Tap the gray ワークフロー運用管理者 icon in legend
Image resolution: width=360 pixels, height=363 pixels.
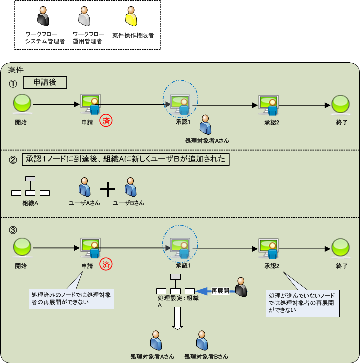coord(84,18)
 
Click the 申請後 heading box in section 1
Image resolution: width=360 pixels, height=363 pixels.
coord(45,82)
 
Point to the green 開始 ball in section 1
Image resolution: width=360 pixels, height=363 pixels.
coord(21,104)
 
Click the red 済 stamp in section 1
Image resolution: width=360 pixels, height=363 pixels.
coord(105,120)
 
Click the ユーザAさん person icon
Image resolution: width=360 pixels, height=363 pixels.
coord(84,187)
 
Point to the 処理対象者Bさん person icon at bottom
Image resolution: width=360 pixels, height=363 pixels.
coord(202,340)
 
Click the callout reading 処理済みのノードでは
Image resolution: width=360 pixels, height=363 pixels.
coord(72,298)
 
